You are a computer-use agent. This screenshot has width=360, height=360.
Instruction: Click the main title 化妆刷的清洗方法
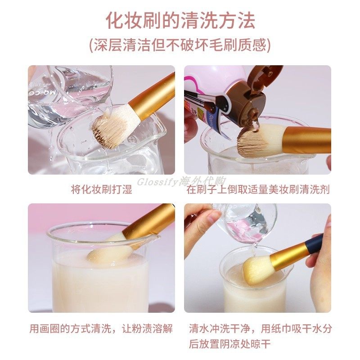tap(180, 21)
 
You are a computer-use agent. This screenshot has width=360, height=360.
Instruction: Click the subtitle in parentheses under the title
tap(180, 45)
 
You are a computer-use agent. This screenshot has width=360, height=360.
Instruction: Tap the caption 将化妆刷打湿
tap(101, 189)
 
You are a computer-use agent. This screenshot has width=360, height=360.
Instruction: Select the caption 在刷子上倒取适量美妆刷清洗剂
tap(258, 189)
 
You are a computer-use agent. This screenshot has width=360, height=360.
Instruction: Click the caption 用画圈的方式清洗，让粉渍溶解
tap(101, 328)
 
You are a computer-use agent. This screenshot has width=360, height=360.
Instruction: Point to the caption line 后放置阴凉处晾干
tap(230, 345)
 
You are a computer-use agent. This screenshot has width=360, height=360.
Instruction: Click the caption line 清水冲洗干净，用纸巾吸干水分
tap(260, 328)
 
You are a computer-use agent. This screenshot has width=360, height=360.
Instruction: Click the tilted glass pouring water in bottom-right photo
tap(247, 223)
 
